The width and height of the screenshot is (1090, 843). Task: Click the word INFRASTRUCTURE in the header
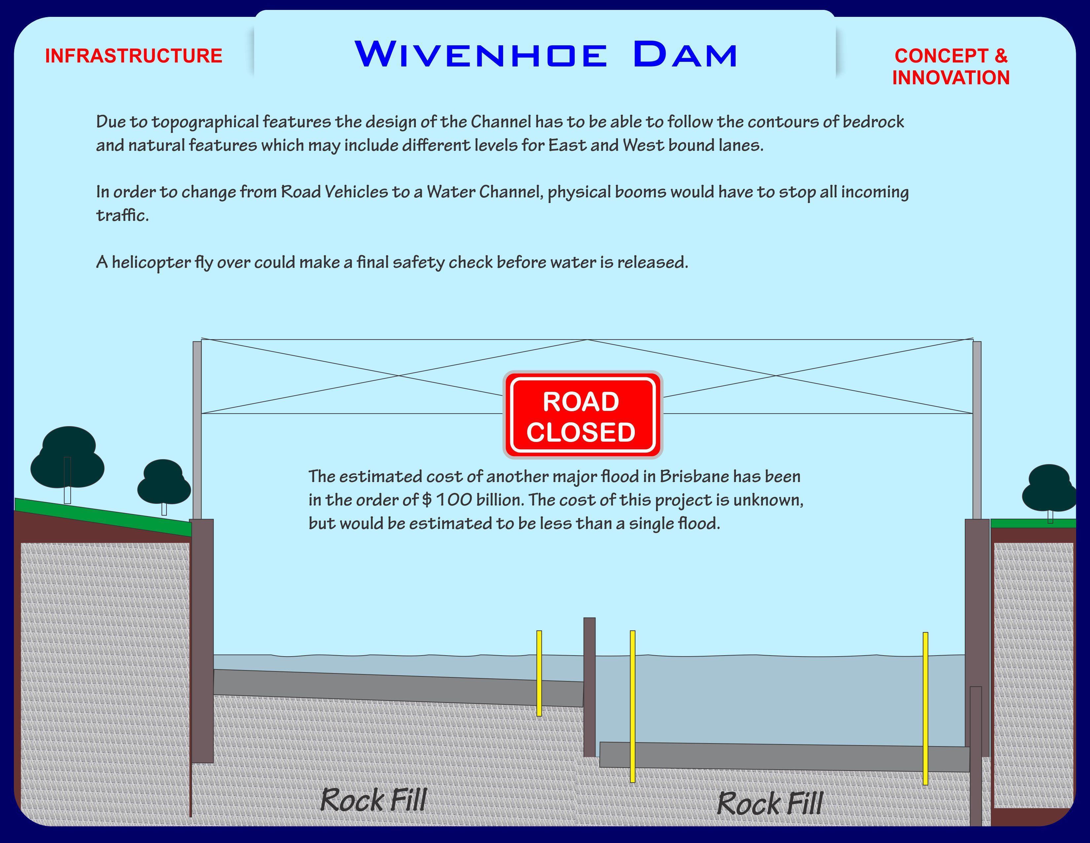click(134, 56)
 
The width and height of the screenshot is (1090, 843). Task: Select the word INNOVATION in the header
click(951, 78)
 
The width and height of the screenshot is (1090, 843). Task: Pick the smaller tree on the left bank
click(164, 482)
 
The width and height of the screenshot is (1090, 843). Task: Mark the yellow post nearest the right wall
click(925, 708)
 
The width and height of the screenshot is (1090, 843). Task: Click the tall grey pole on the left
click(197, 429)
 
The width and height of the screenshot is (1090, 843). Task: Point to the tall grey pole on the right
click(977, 429)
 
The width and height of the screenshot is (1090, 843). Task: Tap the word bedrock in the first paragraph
click(873, 122)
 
